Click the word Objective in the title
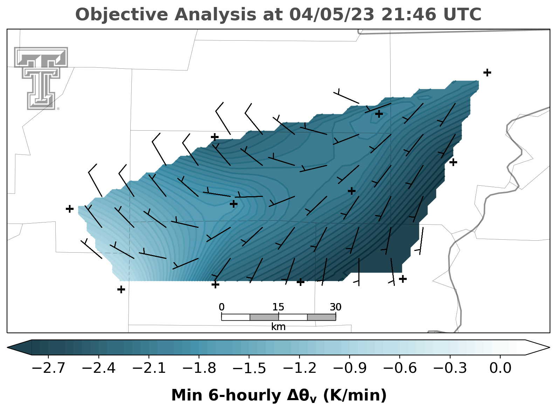(122, 15)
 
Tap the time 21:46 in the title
(409, 14)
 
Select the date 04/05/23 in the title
(332, 14)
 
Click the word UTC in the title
(462, 14)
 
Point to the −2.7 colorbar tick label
(48, 368)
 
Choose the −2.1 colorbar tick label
(149, 368)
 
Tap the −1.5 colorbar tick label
(249, 368)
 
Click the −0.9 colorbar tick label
(350, 368)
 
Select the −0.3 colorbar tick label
(450, 368)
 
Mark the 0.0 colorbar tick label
(500, 368)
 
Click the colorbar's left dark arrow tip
(8, 348)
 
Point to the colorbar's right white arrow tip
(549, 348)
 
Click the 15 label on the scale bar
(278, 307)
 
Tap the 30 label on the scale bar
(336, 307)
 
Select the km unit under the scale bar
(278, 327)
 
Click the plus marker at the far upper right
(487, 73)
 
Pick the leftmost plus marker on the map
(70, 209)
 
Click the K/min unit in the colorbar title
(355, 395)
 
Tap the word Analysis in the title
(215, 15)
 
